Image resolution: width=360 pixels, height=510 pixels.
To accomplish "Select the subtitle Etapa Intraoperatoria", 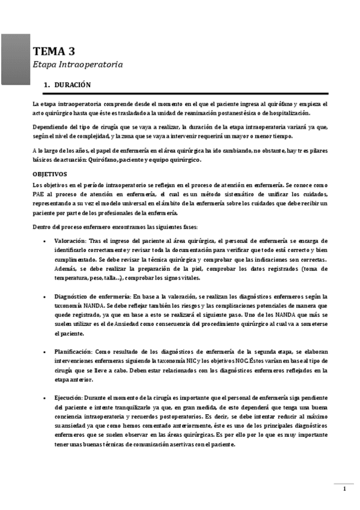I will pos(78,64).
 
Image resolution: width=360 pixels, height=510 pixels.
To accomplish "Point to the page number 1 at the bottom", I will pos(344,488).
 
